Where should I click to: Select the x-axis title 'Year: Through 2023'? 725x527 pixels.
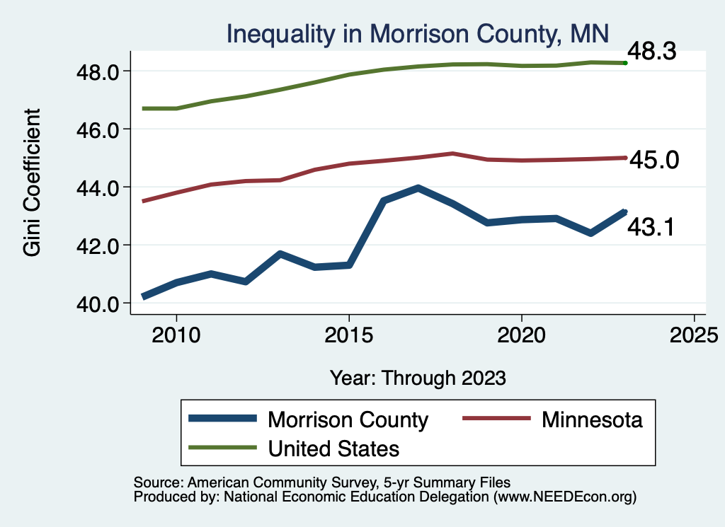[x=418, y=378]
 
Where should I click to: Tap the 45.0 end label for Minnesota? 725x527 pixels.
[x=654, y=161]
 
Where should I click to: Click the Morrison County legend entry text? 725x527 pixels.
[x=348, y=419]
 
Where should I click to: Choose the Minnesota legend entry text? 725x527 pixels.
[x=592, y=419]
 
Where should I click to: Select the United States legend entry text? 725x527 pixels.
[x=333, y=448]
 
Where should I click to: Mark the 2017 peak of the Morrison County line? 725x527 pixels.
[x=418, y=188]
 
